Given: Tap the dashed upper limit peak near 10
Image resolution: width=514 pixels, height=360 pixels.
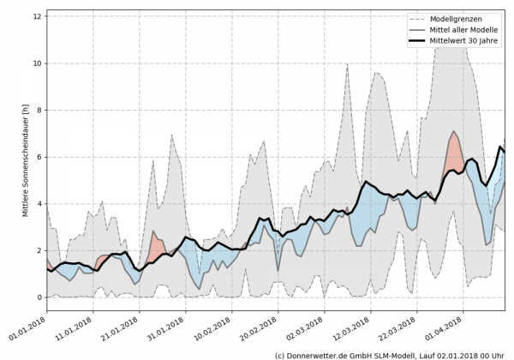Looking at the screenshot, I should tap(347, 65).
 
